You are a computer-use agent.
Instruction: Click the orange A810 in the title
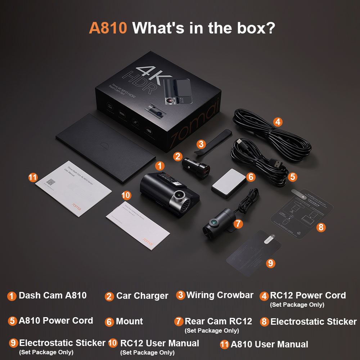(108, 28)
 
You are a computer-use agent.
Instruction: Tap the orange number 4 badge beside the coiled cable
(277, 122)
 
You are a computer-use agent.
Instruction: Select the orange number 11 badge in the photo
(33, 177)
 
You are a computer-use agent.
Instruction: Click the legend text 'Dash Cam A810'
(53, 296)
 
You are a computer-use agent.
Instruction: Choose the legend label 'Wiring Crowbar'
(220, 295)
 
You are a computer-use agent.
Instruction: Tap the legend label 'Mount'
(129, 321)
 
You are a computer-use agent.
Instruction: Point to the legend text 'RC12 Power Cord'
(308, 296)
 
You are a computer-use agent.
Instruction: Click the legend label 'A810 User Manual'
(269, 345)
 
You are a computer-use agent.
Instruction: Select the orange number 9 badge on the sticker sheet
(271, 263)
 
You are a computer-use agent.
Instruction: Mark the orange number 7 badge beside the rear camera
(238, 224)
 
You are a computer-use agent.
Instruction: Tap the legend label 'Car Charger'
(142, 296)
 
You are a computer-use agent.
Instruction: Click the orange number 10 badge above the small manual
(126, 195)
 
